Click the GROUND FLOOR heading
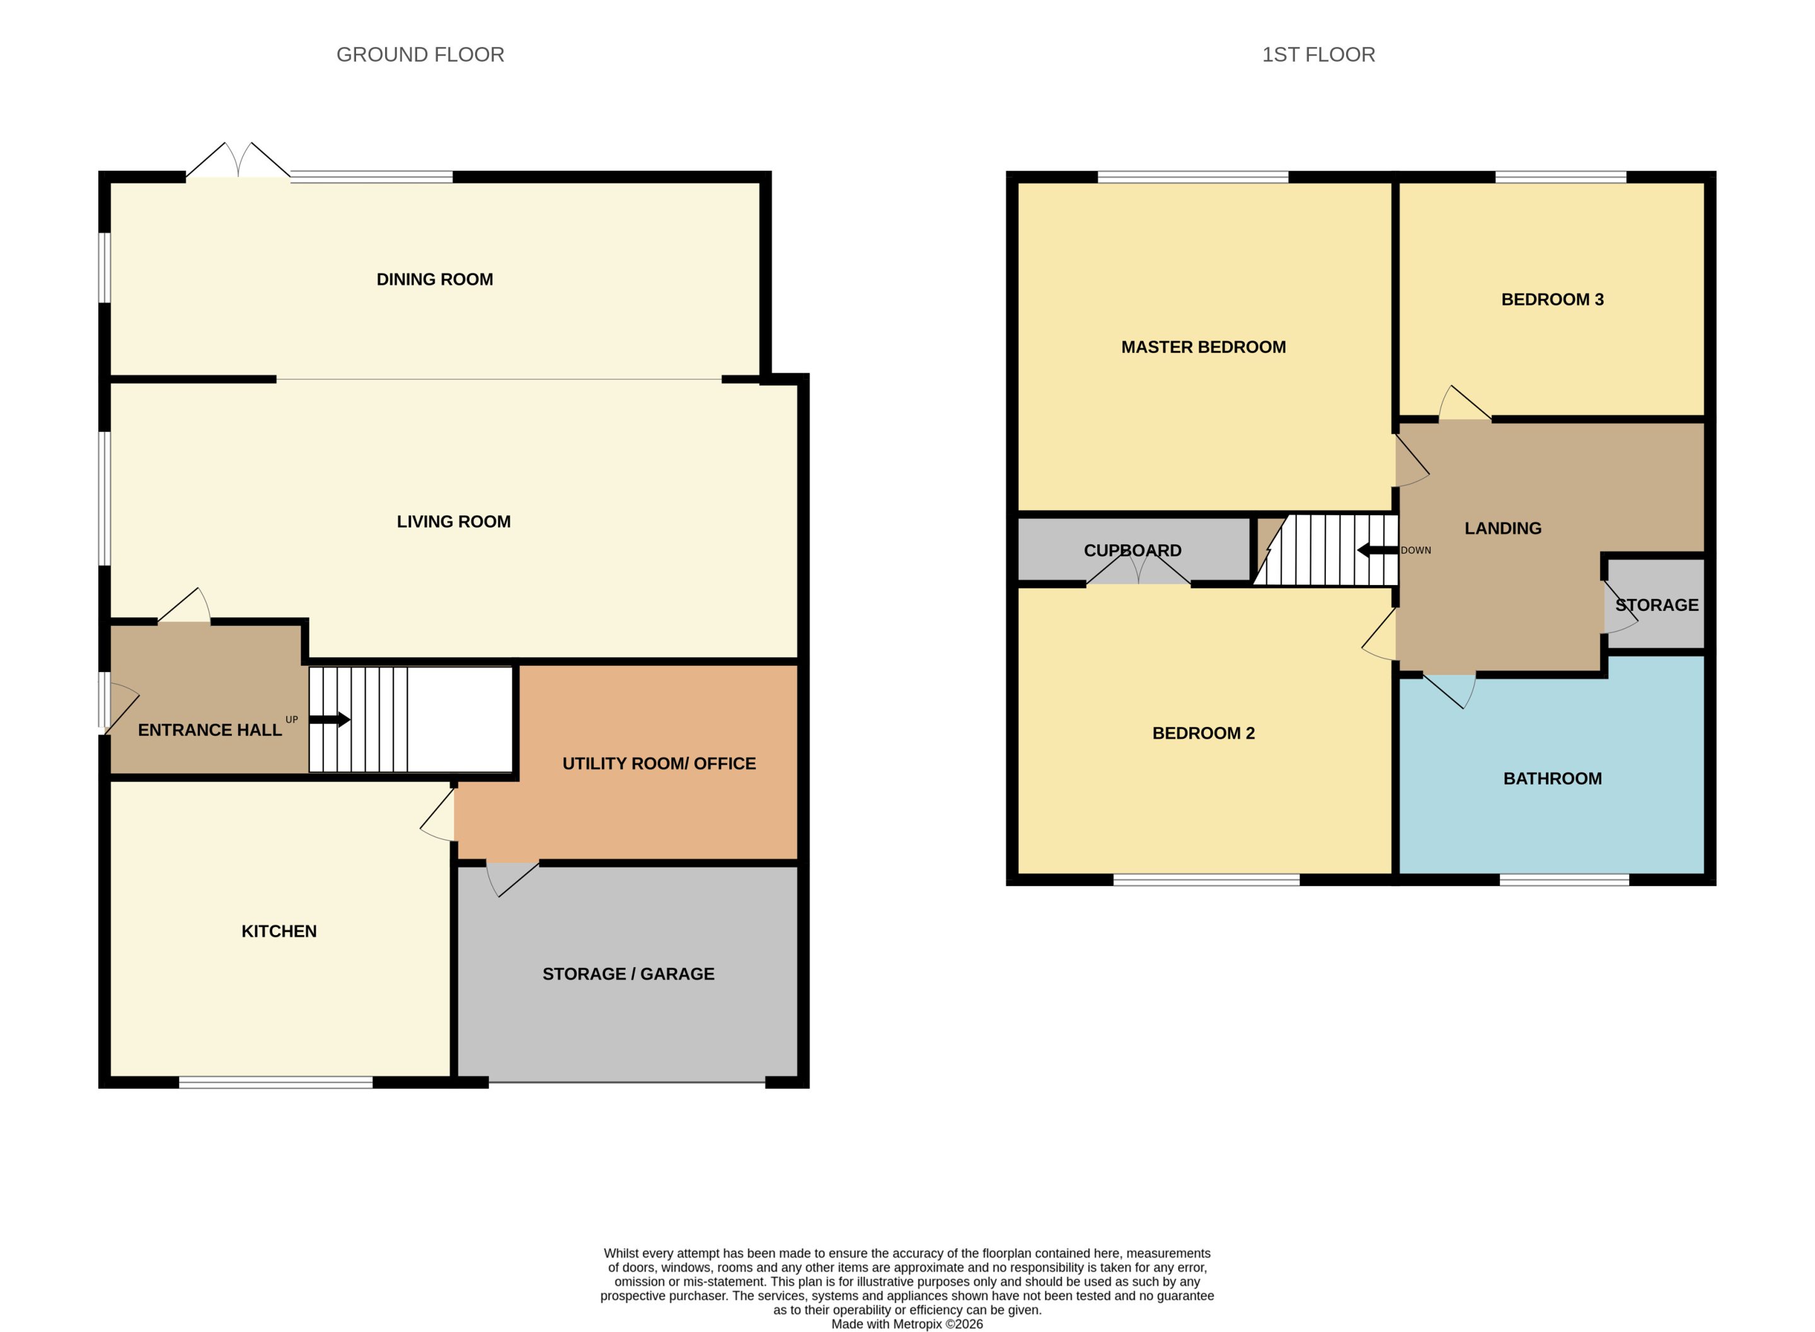(420, 55)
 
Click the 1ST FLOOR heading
(1318, 55)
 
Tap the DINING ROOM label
(435, 279)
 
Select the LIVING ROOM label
(453, 521)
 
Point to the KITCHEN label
(279, 931)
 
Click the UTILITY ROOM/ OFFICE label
(659, 763)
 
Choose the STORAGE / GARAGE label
(628, 974)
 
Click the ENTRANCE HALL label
(210, 730)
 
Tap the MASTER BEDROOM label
(1204, 347)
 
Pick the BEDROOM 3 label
(1552, 299)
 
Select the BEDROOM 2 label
(1204, 733)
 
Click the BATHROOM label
(1552, 778)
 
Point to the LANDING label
(1503, 528)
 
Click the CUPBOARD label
(1132, 550)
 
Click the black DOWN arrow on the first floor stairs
(1378, 550)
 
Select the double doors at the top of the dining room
(238, 161)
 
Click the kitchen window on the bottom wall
(276, 1082)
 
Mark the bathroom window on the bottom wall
(1564, 880)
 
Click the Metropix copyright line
(907, 1324)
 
